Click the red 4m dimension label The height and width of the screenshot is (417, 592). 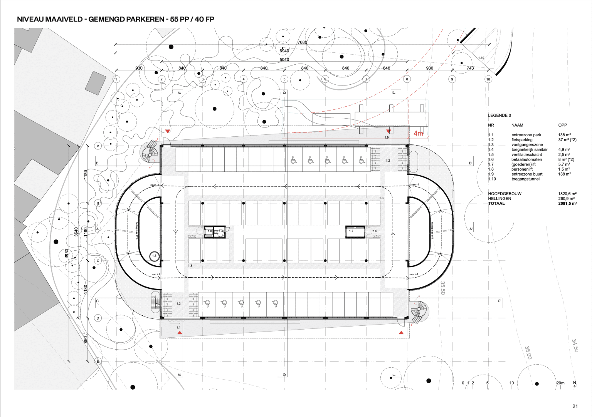[x=418, y=133]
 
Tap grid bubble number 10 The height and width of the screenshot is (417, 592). [x=488, y=79]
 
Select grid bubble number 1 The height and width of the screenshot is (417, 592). [x=116, y=79]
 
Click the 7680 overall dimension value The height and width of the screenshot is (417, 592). [x=302, y=42]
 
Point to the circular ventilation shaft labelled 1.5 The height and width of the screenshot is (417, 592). [x=155, y=256]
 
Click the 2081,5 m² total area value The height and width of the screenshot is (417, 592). [x=567, y=204]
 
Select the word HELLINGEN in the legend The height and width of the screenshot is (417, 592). [x=499, y=199]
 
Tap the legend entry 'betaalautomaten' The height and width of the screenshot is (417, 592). [x=526, y=159]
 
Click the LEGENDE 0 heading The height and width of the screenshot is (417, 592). [x=499, y=116]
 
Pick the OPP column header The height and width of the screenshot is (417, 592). [x=562, y=125]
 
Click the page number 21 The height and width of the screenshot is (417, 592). [x=575, y=406]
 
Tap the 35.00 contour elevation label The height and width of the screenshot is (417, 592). [x=528, y=352]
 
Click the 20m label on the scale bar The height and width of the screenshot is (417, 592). [x=560, y=383]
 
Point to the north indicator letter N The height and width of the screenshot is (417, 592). [x=574, y=383]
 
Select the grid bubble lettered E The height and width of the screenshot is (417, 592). [x=98, y=361]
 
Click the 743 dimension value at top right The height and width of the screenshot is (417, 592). [x=470, y=68]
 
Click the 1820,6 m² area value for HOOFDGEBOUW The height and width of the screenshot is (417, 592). [x=567, y=194]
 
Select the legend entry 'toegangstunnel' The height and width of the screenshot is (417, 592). [x=525, y=179]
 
